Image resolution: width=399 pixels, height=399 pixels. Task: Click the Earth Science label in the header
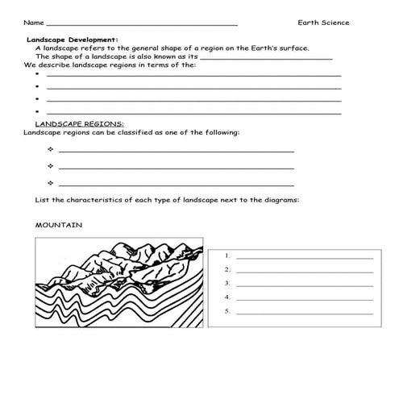pos(322,22)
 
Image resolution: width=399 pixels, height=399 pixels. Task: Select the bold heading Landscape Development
pos(72,39)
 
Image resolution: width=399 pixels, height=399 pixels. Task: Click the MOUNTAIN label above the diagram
pos(58,225)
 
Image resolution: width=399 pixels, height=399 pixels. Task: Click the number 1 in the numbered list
pos(229,256)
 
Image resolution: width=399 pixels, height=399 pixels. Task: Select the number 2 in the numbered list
pos(229,269)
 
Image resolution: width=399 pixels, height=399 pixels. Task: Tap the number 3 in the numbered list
pos(229,283)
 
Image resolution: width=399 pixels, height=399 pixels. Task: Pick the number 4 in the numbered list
pos(229,297)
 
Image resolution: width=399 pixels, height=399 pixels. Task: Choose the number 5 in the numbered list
pos(229,310)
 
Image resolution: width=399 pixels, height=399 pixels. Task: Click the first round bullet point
pos(37,74)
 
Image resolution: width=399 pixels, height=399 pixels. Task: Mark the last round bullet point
pos(37,111)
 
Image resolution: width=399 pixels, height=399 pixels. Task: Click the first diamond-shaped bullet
pos(50,150)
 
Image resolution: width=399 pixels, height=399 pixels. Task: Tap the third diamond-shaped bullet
pos(50,184)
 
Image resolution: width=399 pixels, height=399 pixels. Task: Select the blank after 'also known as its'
pos(265,58)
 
